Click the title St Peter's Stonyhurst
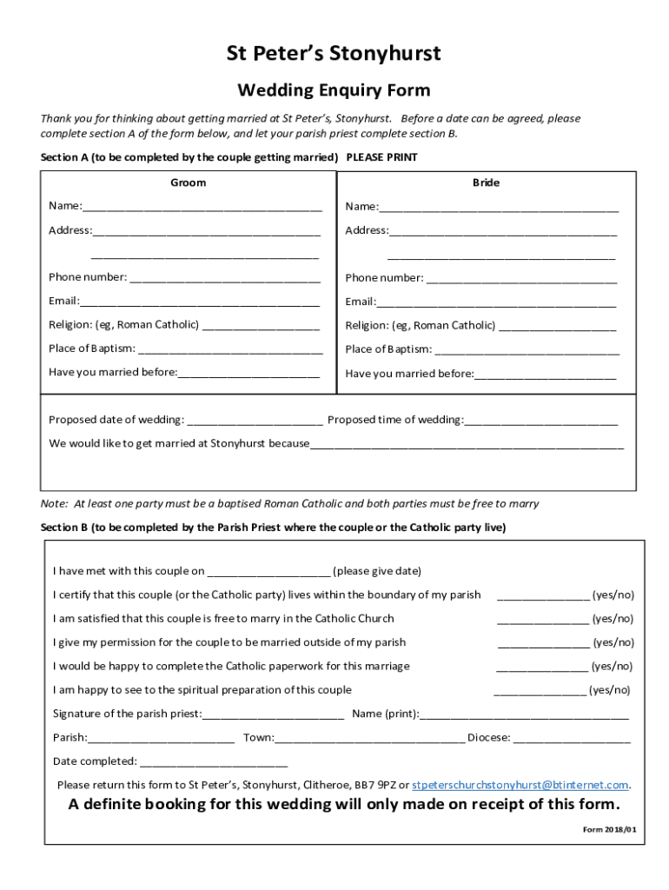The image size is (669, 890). (334, 54)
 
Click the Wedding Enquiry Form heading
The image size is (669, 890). (334, 90)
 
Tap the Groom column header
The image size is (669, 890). (188, 183)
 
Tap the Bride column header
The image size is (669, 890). (486, 183)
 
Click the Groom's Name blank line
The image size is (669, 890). (202, 208)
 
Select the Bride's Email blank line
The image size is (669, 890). (496, 303)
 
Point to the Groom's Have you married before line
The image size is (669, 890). (248, 375)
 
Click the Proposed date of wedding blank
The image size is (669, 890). (255, 422)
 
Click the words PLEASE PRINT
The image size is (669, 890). (381, 157)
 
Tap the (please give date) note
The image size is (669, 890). (377, 571)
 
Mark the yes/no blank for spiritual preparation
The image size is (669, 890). (540, 692)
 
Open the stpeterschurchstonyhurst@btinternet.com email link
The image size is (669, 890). (520, 784)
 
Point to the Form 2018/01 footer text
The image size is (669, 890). (609, 829)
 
